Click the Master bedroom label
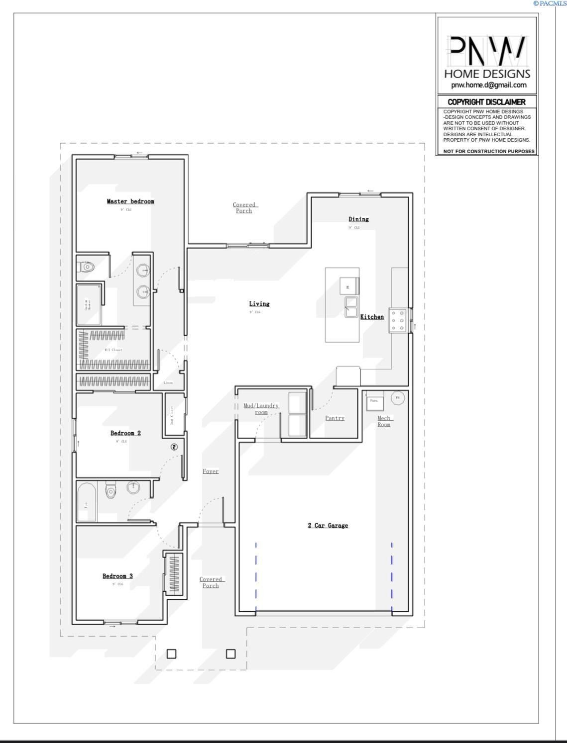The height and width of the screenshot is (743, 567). pyautogui.click(x=130, y=201)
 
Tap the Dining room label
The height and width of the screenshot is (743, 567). pyautogui.click(x=358, y=219)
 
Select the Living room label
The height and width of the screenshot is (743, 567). pyautogui.click(x=259, y=304)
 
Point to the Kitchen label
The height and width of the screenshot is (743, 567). pyautogui.click(x=372, y=317)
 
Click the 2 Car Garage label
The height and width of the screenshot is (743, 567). pyautogui.click(x=328, y=526)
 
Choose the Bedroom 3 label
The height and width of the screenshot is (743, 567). pyautogui.click(x=117, y=576)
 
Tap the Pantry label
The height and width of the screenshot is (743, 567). pyautogui.click(x=335, y=418)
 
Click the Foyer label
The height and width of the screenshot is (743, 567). pyautogui.click(x=211, y=471)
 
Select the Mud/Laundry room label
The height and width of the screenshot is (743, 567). pyautogui.click(x=261, y=409)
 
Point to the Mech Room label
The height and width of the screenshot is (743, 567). pyautogui.click(x=384, y=421)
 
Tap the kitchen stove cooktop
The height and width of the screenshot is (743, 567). pyautogui.click(x=398, y=321)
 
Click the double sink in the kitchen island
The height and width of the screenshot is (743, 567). pyautogui.click(x=351, y=307)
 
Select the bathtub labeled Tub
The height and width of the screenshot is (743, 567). pyautogui.click(x=87, y=502)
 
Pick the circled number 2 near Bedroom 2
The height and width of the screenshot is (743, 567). pyautogui.click(x=174, y=447)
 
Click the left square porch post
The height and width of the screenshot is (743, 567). pyautogui.click(x=171, y=654)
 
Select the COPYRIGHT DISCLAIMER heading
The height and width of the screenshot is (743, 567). pyautogui.click(x=486, y=102)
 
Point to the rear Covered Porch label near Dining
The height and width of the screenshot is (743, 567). pyautogui.click(x=244, y=208)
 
